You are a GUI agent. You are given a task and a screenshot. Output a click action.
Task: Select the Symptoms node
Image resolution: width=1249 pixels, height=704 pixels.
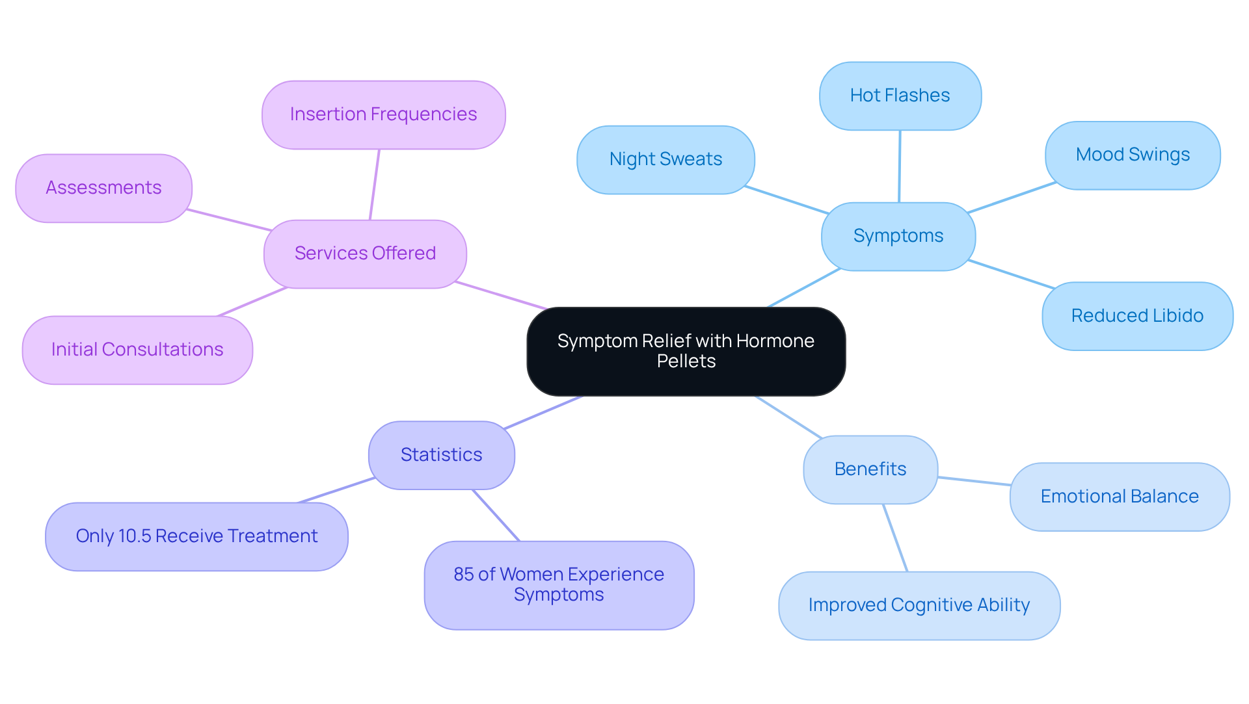[x=898, y=236]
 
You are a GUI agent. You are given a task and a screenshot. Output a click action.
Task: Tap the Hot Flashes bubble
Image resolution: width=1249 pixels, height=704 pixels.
[x=900, y=96]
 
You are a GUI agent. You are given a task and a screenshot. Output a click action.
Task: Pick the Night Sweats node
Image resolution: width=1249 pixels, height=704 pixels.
[x=665, y=159]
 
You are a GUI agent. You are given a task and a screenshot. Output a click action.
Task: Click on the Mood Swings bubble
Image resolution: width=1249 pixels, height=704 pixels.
[x=1132, y=155]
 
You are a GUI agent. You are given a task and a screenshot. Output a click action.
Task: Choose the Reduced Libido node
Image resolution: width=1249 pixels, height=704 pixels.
[x=1136, y=316]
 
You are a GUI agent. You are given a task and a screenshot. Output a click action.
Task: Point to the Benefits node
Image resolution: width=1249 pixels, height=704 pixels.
[x=870, y=469]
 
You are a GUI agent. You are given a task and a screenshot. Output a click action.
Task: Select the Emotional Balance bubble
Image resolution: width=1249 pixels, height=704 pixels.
[x=1119, y=497]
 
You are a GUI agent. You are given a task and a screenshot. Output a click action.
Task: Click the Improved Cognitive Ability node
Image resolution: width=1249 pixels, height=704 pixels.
[x=919, y=605]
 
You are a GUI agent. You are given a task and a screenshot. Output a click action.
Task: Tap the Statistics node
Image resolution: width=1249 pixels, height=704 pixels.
[x=441, y=455]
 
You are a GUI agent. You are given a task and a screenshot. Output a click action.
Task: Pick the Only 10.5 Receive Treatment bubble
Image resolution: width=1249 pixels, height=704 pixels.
[x=196, y=536]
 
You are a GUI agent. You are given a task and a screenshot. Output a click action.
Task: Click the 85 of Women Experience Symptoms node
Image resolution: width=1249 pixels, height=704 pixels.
[x=559, y=584]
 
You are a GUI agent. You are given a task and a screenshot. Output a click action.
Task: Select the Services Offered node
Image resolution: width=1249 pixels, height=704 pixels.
[x=365, y=254]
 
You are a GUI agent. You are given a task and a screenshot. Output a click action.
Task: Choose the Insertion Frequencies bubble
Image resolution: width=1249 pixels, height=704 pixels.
[x=383, y=114]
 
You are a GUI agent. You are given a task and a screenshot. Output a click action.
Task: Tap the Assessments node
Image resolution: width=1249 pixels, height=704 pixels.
[x=103, y=188]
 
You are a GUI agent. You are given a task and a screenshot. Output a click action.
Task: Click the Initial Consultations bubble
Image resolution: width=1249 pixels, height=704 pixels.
[x=137, y=350]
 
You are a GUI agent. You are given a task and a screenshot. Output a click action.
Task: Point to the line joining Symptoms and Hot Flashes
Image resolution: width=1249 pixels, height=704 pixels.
[x=900, y=166]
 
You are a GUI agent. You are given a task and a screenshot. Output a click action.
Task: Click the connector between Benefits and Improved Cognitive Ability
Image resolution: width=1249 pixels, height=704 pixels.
[x=895, y=538]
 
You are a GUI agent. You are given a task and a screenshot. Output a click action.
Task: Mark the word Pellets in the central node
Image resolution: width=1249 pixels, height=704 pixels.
[x=686, y=361]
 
